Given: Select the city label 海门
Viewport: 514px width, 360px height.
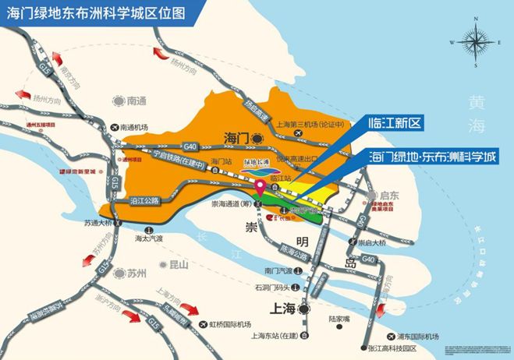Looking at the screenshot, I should click(x=236, y=137).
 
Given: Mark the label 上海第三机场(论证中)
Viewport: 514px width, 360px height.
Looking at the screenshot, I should click(x=311, y=124).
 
